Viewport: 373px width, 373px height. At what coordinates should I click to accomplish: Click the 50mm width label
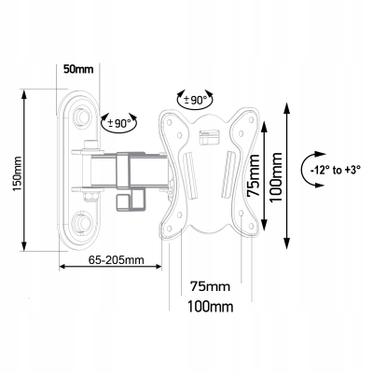(78, 69)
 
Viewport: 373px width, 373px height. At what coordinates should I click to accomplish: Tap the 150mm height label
(16, 173)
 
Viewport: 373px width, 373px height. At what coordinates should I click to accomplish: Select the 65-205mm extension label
(117, 259)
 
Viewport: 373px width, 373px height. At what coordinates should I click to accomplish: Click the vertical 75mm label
(253, 175)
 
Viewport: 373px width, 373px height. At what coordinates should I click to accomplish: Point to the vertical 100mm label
(276, 177)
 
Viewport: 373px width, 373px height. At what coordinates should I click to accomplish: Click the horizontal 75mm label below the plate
(211, 286)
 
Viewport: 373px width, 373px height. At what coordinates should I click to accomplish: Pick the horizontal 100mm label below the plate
(210, 307)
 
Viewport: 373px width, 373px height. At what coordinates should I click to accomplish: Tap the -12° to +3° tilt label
(335, 170)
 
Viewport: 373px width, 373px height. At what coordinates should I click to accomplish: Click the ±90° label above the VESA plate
(195, 100)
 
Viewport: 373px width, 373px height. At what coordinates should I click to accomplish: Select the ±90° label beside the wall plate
(119, 124)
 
